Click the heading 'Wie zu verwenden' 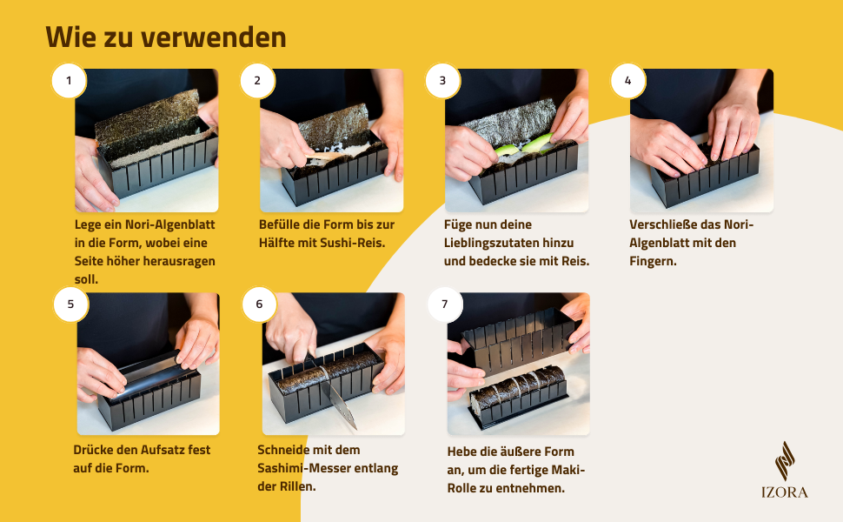[166, 37]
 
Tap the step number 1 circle [69, 81]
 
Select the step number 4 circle [628, 81]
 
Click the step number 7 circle [445, 304]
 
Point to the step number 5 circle [70, 304]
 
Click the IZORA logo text [785, 492]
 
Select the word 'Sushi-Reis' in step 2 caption [353, 244]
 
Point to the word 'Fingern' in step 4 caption [653, 262]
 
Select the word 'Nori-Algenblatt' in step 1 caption [169, 225]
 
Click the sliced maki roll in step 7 [518, 385]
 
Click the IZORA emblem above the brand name [785, 461]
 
